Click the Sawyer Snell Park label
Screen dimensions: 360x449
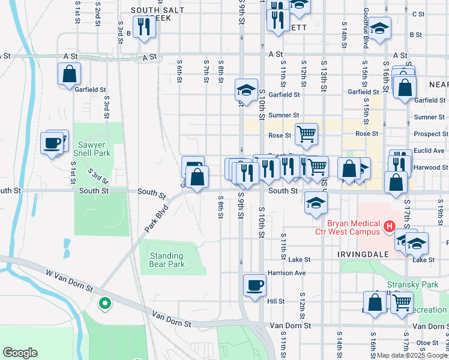point(92,149)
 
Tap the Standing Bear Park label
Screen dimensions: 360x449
point(167,260)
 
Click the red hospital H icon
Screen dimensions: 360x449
point(389,226)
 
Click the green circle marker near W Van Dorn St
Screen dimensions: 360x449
point(105,304)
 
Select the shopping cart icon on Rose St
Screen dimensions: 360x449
point(306,134)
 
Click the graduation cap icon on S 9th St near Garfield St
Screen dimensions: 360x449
point(246,90)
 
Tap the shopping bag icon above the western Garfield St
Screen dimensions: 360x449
point(70,74)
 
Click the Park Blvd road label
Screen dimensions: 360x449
point(154,221)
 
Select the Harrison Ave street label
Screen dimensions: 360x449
point(288,273)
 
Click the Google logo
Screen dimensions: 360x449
point(20,353)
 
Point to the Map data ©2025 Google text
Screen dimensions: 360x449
point(412,356)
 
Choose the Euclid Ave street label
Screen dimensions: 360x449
point(430,151)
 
